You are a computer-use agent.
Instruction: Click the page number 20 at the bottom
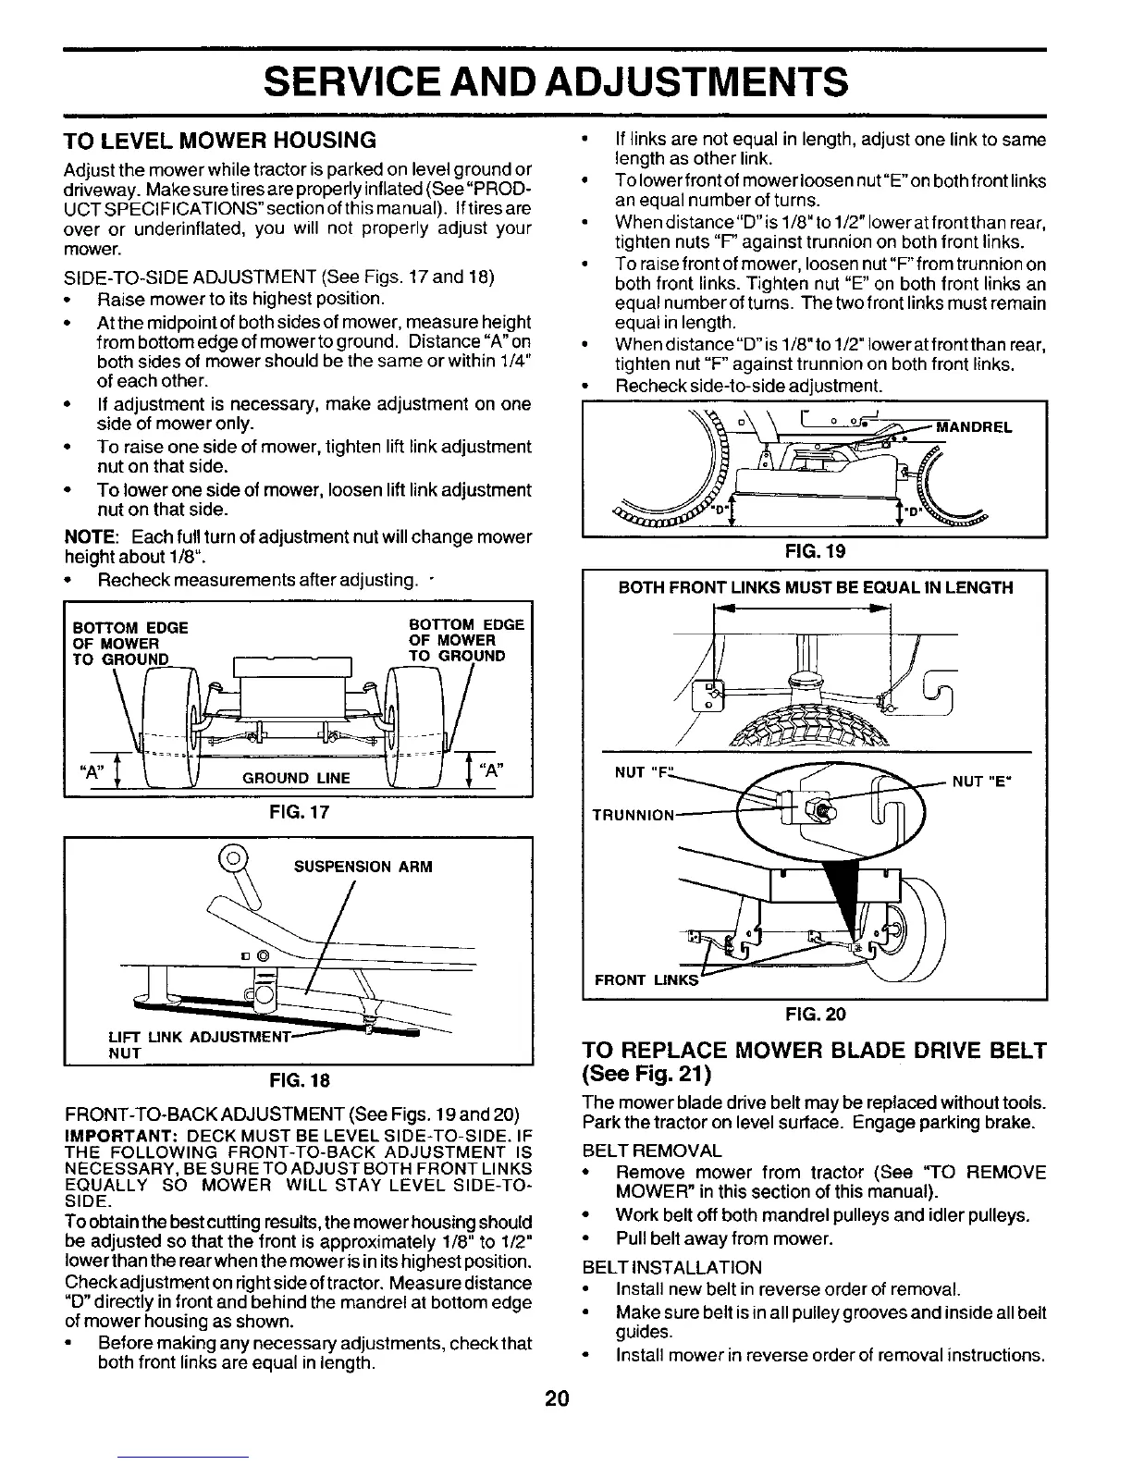556,1398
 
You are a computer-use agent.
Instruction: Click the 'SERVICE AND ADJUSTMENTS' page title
555,81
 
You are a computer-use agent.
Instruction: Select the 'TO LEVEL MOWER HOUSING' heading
219,141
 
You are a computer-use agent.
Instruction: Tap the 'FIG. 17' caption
298,813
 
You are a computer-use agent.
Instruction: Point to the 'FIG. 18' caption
298,1080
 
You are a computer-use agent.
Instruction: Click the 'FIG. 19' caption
815,552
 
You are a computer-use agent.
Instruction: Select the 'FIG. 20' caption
815,1015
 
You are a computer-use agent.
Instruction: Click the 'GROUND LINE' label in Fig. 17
296,778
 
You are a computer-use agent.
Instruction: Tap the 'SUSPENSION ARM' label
363,867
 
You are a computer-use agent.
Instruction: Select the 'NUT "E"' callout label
982,782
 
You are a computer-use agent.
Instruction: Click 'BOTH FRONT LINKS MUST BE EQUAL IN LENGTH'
815,587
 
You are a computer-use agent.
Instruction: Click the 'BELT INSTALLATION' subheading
672,1267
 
